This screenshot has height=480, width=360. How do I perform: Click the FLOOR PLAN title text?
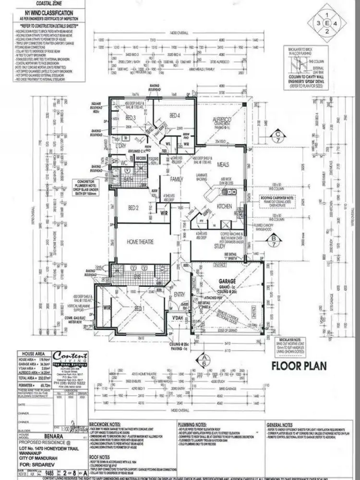299,366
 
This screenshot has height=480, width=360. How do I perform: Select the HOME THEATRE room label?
140,242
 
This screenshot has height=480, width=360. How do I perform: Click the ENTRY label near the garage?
180,295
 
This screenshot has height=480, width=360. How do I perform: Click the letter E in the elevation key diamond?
327,23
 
